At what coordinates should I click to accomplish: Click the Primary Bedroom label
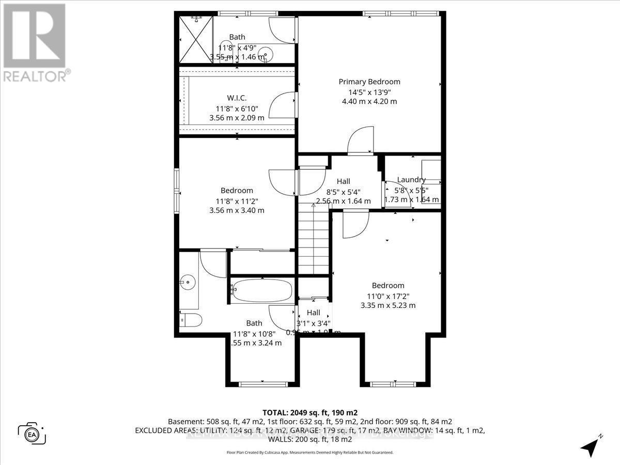point(369,82)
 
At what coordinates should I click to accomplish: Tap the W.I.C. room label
point(237,98)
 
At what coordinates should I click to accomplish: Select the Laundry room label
point(411,180)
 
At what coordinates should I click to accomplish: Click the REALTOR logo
point(36,41)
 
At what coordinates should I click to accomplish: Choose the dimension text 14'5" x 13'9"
point(369,92)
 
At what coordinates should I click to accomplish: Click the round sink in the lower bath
point(187,282)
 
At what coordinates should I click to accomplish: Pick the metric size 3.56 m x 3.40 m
point(237,210)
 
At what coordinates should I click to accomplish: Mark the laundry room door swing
point(398,194)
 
